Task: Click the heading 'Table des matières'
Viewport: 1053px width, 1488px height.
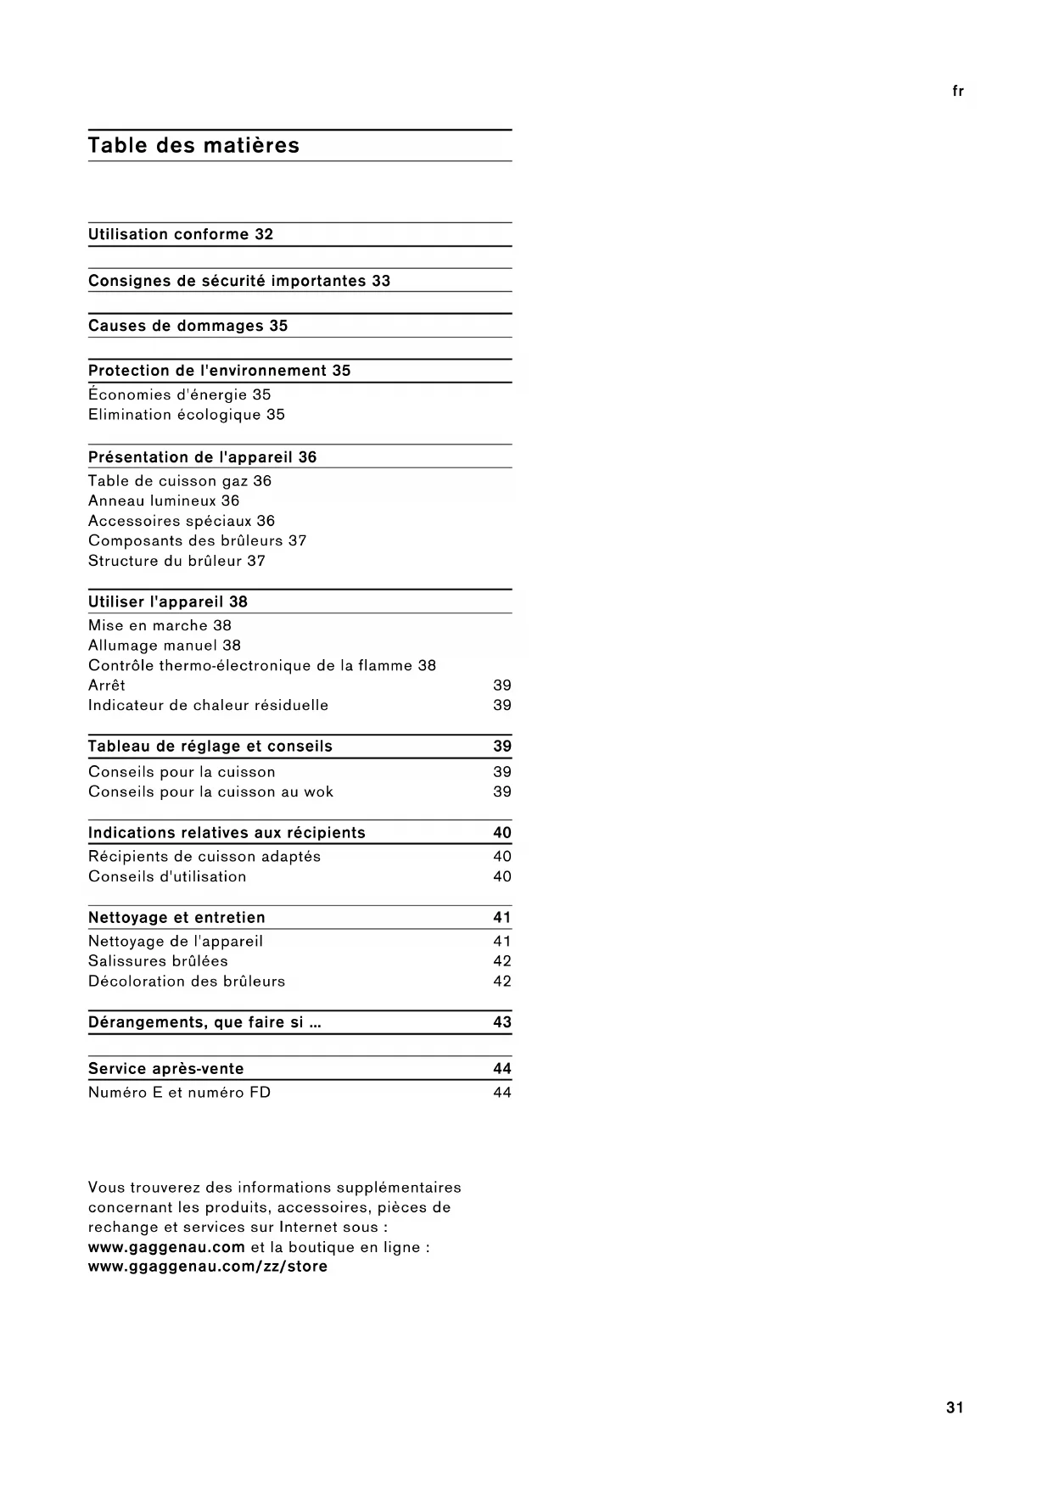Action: click(x=193, y=146)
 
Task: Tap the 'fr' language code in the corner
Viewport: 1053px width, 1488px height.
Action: click(x=958, y=92)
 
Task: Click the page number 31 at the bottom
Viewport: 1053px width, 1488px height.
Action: click(x=955, y=1407)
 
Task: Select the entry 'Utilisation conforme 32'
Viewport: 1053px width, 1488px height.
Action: click(x=181, y=235)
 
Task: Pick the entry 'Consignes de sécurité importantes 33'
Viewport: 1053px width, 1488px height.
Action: click(x=239, y=281)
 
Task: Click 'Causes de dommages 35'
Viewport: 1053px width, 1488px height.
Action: click(x=188, y=326)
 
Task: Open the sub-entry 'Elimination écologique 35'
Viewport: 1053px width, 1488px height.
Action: click(x=187, y=415)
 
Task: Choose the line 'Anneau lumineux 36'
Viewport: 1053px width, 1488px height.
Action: click(x=164, y=501)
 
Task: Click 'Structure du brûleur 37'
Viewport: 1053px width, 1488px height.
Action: click(x=176, y=561)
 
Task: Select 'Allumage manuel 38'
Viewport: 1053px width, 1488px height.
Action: click(x=165, y=646)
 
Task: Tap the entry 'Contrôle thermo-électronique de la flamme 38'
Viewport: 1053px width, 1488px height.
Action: click(x=262, y=666)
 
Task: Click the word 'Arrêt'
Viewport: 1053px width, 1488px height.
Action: click(x=107, y=685)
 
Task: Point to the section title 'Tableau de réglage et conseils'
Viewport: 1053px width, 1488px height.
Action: click(x=210, y=747)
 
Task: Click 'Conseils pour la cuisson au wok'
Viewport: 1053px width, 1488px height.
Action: click(x=210, y=792)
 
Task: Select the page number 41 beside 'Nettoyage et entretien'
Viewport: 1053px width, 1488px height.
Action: click(x=502, y=918)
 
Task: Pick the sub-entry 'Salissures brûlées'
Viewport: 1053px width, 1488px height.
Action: click(x=158, y=961)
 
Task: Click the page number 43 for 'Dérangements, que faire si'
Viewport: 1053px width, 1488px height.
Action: click(x=502, y=1022)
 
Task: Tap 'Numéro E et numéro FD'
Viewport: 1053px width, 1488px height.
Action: click(x=180, y=1093)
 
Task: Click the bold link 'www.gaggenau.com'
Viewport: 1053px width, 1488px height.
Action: click(x=166, y=1247)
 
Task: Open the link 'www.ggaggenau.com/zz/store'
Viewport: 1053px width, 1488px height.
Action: click(x=208, y=1267)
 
